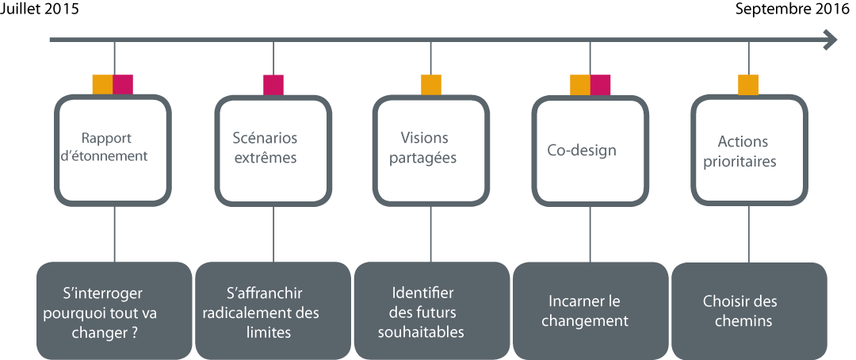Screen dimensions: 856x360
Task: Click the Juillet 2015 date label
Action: tap(40, 10)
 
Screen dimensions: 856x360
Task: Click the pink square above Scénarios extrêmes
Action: tap(273, 85)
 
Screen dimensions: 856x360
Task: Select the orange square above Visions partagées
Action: tap(430, 85)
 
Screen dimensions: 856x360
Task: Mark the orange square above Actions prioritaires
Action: tap(748, 85)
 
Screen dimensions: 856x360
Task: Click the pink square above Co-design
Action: tap(600, 85)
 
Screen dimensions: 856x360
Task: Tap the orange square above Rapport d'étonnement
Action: tap(102, 85)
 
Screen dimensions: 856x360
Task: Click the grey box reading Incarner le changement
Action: tap(590, 311)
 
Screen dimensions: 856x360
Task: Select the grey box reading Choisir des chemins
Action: tap(749, 311)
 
